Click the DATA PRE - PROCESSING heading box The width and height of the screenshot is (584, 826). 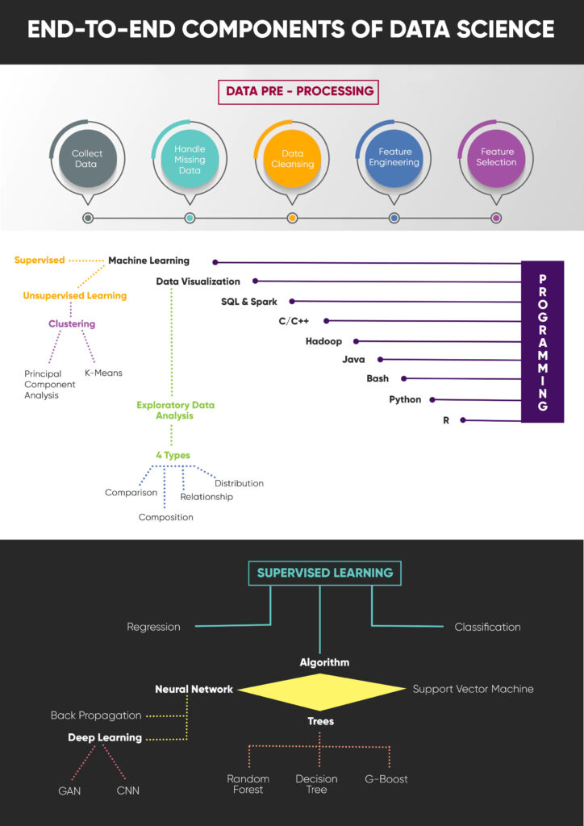click(299, 91)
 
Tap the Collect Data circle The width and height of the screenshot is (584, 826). click(87, 158)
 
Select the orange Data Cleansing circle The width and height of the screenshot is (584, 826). click(292, 158)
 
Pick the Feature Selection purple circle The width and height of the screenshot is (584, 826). click(496, 156)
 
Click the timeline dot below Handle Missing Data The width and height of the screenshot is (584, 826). click(190, 218)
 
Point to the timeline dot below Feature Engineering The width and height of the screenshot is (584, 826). click(394, 218)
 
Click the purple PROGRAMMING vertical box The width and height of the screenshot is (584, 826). click(542, 341)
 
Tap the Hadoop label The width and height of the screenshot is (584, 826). click(323, 341)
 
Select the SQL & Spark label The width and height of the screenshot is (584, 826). click(249, 302)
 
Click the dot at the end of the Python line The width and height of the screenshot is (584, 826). click(432, 399)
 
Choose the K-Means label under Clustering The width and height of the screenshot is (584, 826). click(103, 373)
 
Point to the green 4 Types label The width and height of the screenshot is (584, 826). click(173, 455)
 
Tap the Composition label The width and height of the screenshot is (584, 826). click(166, 517)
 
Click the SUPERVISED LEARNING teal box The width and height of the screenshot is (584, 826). click(324, 573)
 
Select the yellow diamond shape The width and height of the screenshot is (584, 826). click(322, 690)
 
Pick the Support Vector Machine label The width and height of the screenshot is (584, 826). click(473, 689)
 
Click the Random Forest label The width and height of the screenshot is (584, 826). click(248, 784)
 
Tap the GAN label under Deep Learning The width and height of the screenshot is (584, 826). click(70, 791)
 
